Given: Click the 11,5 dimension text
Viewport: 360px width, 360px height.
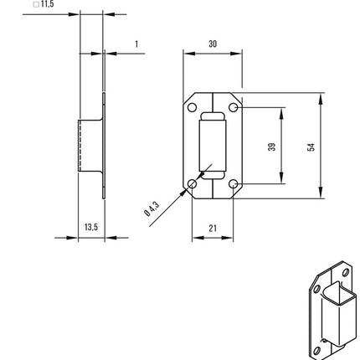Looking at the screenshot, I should click(x=48, y=4).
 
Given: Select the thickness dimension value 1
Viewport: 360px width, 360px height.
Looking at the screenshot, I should click(x=136, y=44).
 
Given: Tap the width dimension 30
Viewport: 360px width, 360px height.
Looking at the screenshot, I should click(x=213, y=44).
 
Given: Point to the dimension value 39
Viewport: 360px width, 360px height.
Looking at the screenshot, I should click(x=271, y=146).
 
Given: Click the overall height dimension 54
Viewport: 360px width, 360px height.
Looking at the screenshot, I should click(x=311, y=146).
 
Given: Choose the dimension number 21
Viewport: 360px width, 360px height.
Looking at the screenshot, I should click(x=213, y=228).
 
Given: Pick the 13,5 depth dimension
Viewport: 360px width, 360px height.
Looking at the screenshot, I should click(x=90, y=227).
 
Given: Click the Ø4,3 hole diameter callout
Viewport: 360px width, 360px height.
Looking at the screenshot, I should click(x=151, y=210).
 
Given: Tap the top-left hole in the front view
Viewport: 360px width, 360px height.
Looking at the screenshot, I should click(x=192, y=108).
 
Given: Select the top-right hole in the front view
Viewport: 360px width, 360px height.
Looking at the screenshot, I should click(x=234, y=108).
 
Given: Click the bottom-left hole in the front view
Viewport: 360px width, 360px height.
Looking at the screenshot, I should click(x=193, y=183).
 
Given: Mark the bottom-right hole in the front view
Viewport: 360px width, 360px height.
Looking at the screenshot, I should click(x=234, y=183).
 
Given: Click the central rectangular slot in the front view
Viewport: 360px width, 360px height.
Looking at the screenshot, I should click(x=213, y=146).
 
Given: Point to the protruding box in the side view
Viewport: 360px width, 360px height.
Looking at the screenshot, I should click(x=90, y=146).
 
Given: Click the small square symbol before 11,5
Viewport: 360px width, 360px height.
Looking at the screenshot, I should click(x=36, y=4).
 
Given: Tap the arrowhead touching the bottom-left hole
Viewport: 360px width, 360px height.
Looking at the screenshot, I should click(x=188, y=188).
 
